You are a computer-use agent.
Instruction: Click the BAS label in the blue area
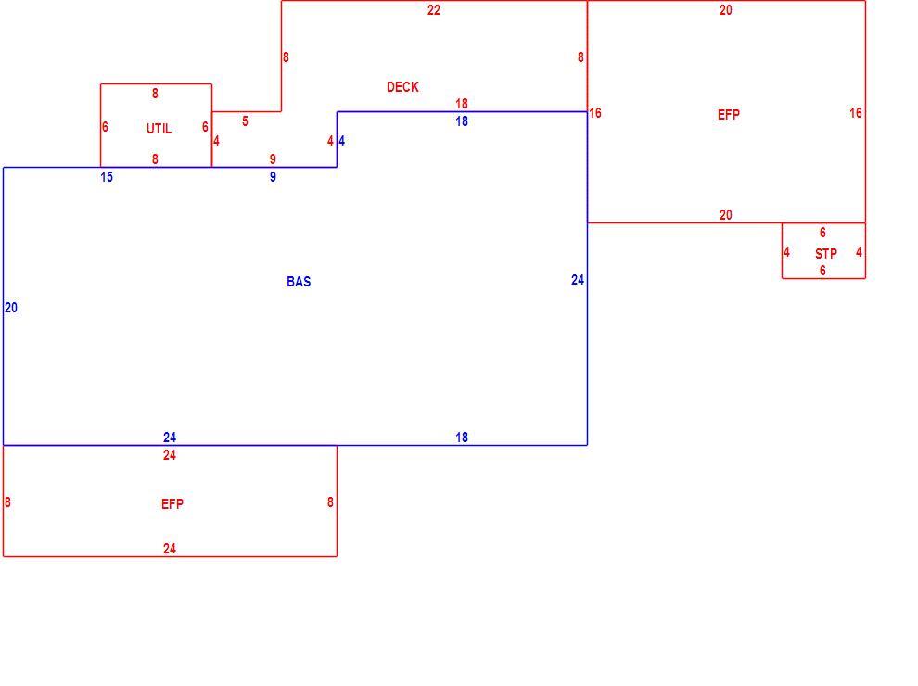[299, 282]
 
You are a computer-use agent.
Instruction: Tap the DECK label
[402, 87]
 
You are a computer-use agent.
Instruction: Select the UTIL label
[159, 129]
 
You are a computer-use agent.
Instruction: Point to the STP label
[826, 254]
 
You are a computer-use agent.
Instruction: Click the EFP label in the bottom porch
[172, 504]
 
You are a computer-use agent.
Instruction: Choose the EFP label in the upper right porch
[728, 115]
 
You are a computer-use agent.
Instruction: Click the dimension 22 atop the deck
[433, 10]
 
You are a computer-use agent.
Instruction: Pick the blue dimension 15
[107, 177]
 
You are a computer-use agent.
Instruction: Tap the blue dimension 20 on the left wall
[11, 308]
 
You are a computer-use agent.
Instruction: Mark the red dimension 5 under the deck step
[246, 121]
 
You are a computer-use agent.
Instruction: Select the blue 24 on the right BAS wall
[578, 280]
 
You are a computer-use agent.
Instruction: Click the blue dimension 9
[273, 177]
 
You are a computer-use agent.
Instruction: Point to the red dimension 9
[273, 159]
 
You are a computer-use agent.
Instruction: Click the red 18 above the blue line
[462, 104]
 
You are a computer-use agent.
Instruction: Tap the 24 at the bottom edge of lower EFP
[169, 549]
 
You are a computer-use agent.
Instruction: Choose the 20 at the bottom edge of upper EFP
[725, 215]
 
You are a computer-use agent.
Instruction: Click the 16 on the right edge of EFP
[856, 113]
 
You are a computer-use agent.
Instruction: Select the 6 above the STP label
[822, 233]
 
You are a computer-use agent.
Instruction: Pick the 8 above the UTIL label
[155, 94]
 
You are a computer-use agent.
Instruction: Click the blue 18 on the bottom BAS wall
[462, 438]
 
